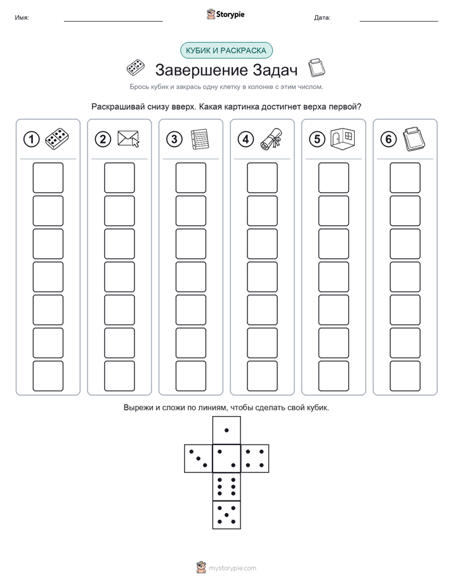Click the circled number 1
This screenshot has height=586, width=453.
31,140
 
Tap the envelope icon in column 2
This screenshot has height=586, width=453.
128,139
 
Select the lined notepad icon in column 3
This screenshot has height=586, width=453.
200,140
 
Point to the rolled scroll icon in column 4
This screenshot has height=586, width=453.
272,139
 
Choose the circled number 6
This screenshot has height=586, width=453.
389,140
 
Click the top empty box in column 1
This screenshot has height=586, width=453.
48,178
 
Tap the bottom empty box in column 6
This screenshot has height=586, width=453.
405,376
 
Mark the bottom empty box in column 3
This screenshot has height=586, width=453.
191,376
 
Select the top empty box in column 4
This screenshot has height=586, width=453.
263,178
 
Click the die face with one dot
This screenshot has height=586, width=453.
226,430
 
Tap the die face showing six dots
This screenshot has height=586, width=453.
226,486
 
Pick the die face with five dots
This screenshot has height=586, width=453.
226,515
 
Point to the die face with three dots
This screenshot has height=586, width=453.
199,459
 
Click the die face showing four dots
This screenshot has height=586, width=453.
255,459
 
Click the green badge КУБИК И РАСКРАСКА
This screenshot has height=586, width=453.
226,51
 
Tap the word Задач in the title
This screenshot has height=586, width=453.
275,70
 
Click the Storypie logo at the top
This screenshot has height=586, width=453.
225,15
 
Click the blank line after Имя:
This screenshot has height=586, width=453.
113,21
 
